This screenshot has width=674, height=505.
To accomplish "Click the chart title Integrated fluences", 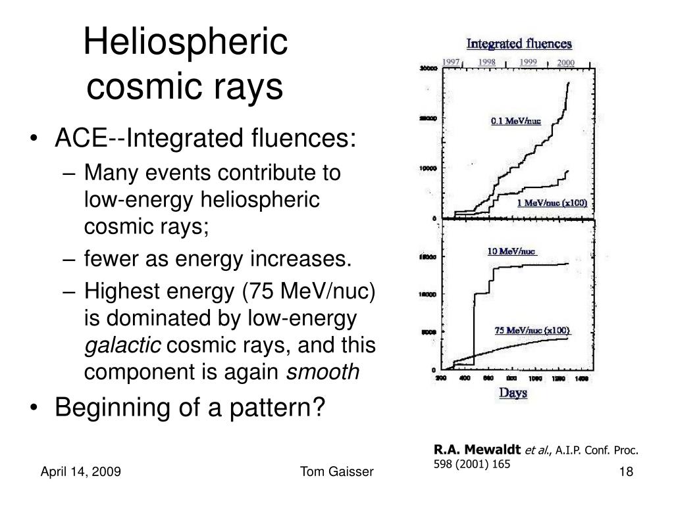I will coord(519,45).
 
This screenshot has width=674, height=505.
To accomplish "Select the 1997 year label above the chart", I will coord(451,62).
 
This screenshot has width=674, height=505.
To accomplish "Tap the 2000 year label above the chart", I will coord(566,63).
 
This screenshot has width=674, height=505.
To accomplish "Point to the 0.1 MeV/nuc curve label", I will coord(515,121).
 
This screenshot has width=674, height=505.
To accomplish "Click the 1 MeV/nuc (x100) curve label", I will coord(552,203).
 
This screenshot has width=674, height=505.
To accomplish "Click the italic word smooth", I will coord(324,372).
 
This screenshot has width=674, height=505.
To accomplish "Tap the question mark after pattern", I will coord(319,408).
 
